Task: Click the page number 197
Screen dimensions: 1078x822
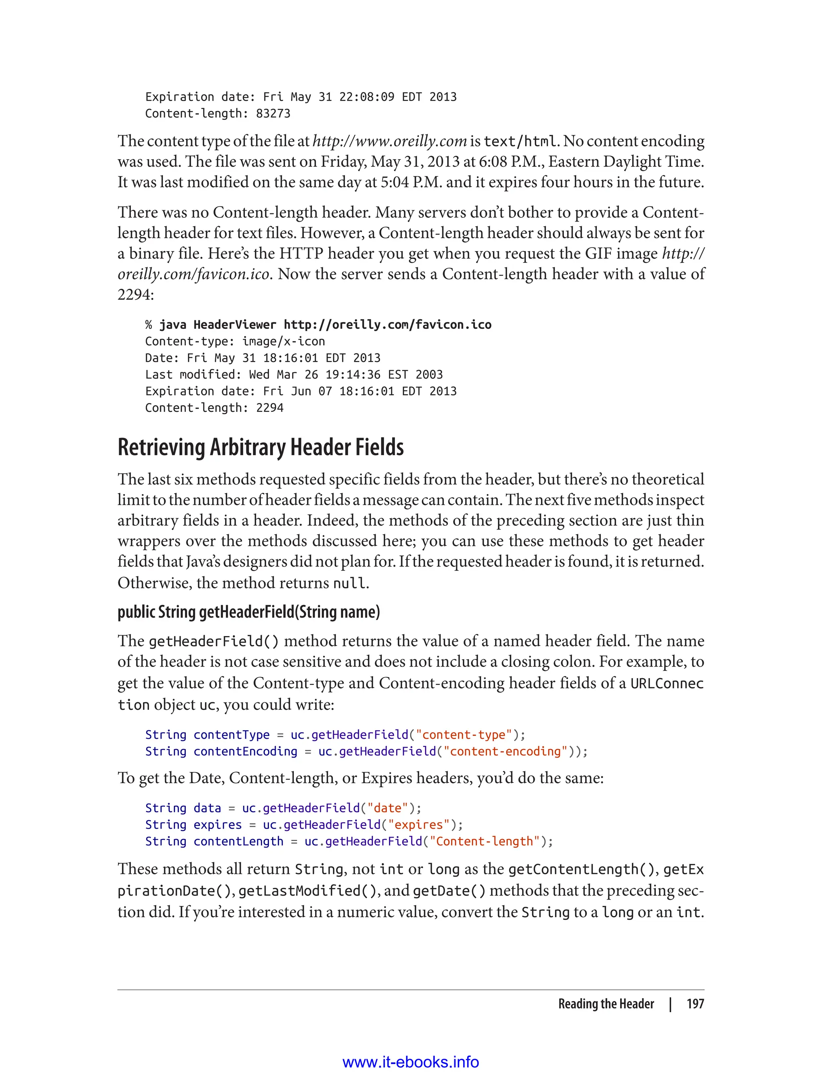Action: pyautogui.click(x=695, y=1004)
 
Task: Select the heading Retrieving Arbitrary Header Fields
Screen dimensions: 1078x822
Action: pyautogui.click(x=260, y=447)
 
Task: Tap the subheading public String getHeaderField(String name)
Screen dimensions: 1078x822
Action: pyautogui.click(x=248, y=612)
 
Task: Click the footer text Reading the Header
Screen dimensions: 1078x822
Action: pyautogui.click(x=606, y=1004)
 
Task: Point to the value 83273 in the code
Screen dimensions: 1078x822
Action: pyautogui.click(x=273, y=113)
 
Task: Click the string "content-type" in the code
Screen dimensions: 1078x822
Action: pyautogui.click(x=463, y=735)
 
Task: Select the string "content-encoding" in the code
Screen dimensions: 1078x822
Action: pyautogui.click(x=505, y=752)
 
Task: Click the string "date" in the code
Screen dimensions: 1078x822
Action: pyautogui.click(x=387, y=808)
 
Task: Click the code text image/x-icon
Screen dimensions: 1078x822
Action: pyautogui.click(x=283, y=341)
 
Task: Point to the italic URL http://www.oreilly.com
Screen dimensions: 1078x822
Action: pyautogui.click(x=389, y=141)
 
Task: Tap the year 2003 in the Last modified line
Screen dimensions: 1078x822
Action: pyautogui.click(x=429, y=375)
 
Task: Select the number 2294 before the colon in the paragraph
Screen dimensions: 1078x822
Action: pyautogui.click(x=133, y=295)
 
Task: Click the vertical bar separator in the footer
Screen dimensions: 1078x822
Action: pyautogui.click(x=670, y=1004)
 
